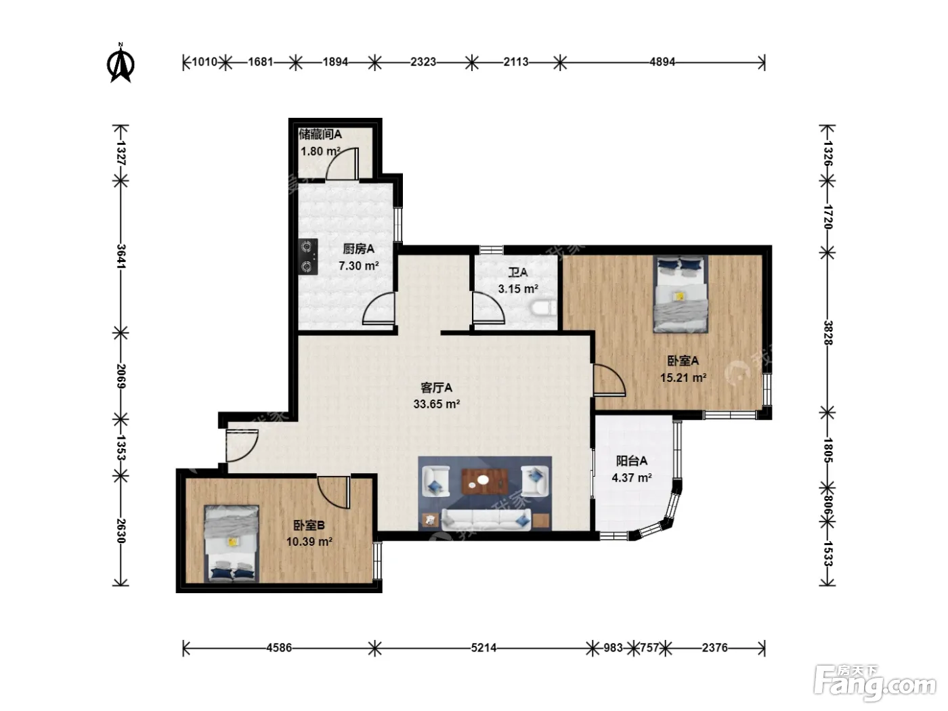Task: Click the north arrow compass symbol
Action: (x=121, y=63)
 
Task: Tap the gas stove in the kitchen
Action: (x=308, y=257)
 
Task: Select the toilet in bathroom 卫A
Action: (x=544, y=308)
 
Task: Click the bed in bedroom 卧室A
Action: (x=681, y=294)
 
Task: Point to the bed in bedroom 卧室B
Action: (x=232, y=543)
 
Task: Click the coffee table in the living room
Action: (x=485, y=481)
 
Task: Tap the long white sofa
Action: (x=486, y=519)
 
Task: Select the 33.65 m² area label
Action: (x=437, y=404)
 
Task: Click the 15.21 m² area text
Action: (x=683, y=378)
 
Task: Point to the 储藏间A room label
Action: (x=320, y=134)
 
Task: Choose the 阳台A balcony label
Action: (x=631, y=461)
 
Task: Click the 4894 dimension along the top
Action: (x=662, y=62)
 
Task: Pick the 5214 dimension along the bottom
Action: (x=483, y=647)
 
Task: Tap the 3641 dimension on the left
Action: (x=121, y=257)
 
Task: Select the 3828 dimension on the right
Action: (x=827, y=332)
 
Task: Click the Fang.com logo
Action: (x=875, y=683)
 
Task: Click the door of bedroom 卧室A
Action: (x=609, y=381)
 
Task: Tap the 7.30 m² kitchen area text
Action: (x=358, y=265)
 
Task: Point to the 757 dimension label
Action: (x=649, y=647)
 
